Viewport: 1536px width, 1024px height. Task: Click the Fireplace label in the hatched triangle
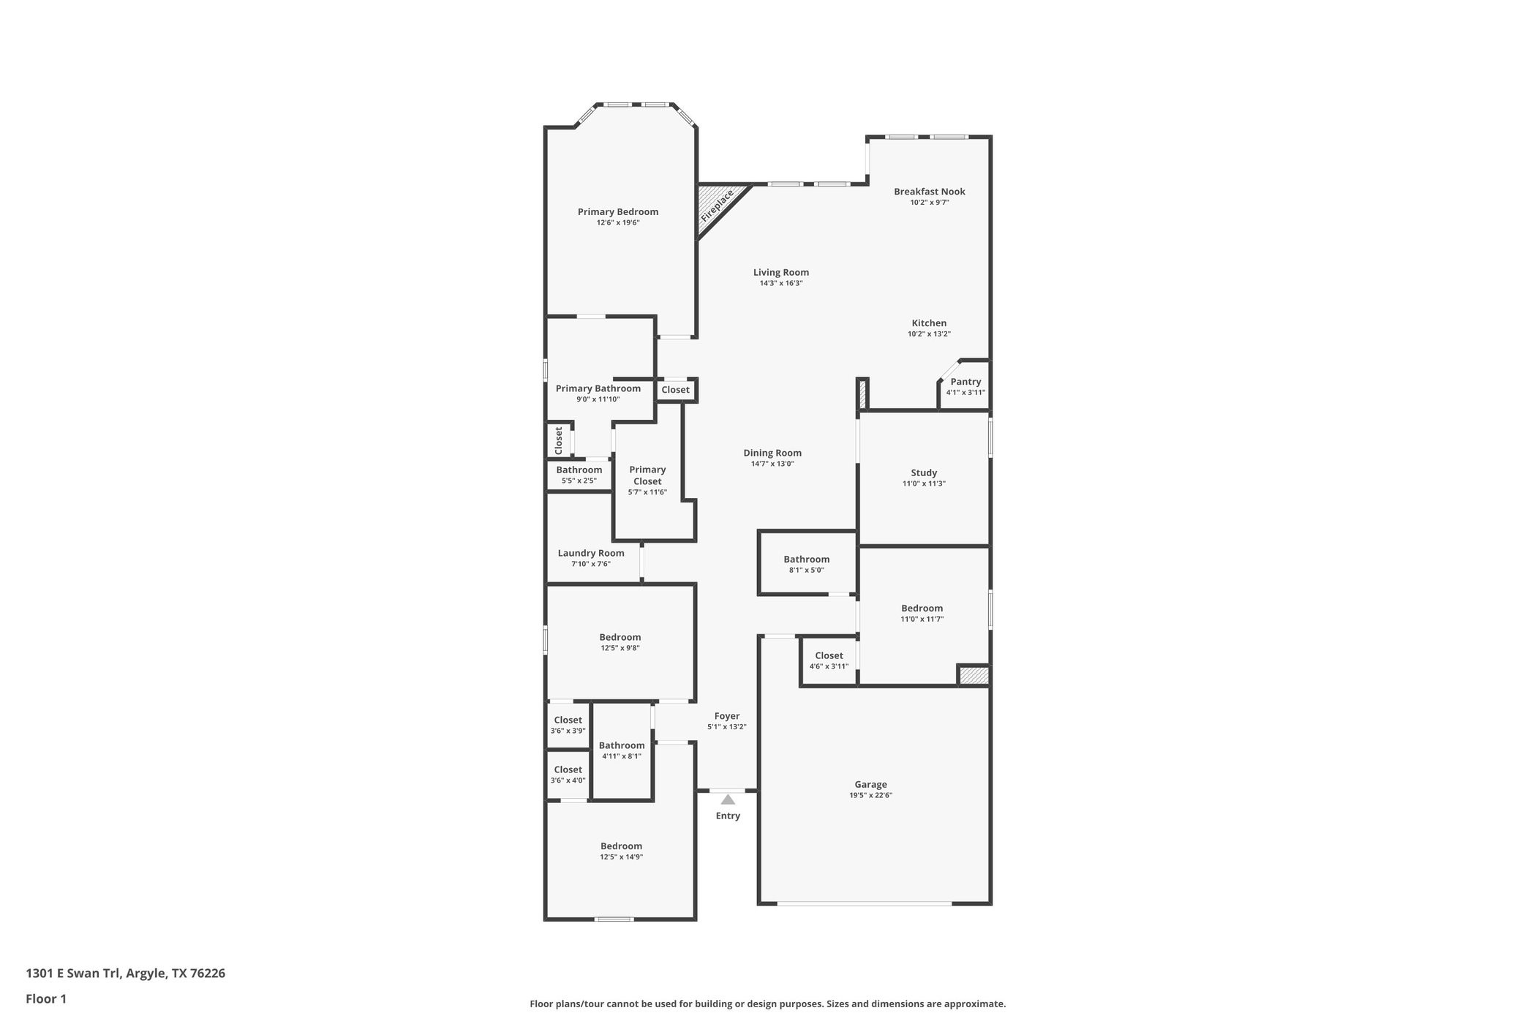click(x=717, y=206)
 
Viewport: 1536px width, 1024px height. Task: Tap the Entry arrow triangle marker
click(x=728, y=799)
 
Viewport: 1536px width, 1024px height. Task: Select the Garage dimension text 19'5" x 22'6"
click(x=870, y=795)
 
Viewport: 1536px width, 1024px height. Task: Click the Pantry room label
click(x=965, y=382)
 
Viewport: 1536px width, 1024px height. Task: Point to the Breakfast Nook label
click(x=929, y=192)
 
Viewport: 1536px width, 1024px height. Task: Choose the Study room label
click(x=924, y=473)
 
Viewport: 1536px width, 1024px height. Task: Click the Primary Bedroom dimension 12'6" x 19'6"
click(x=618, y=222)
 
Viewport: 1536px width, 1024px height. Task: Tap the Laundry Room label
click(x=591, y=553)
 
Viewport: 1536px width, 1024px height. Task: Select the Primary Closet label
click(x=647, y=475)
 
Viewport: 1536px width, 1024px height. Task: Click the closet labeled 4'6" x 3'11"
click(x=829, y=660)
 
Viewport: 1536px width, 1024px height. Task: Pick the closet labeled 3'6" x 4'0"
click(x=568, y=775)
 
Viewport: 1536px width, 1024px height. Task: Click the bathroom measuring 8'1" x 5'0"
click(x=806, y=564)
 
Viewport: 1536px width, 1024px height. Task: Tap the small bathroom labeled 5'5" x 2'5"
click(x=579, y=475)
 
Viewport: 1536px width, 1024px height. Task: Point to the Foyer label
click(x=727, y=716)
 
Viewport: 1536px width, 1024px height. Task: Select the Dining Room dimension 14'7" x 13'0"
click(x=772, y=464)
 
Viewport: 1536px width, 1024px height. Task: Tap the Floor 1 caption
click(x=46, y=998)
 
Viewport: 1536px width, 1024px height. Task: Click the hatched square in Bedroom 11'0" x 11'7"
click(x=974, y=675)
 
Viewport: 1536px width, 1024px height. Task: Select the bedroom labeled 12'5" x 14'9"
click(x=621, y=851)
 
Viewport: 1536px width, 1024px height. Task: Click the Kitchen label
click(x=929, y=323)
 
